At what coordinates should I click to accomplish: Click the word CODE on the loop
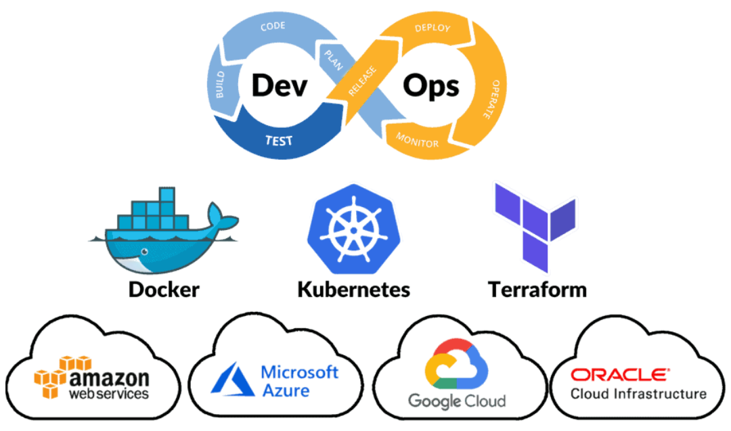point(273,26)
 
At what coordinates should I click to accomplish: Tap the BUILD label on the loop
point(220,85)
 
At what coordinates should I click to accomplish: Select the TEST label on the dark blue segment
point(279,140)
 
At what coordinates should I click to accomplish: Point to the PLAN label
point(334,60)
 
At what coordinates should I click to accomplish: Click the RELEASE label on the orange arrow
point(362,81)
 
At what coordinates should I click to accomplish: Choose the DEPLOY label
point(433,28)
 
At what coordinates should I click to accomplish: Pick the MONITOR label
point(417,140)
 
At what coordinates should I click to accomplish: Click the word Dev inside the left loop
point(280,85)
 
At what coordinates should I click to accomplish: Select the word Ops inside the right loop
point(431,86)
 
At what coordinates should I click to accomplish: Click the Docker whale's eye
point(145,252)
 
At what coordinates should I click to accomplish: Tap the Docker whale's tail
point(221,217)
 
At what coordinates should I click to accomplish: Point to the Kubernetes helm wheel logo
point(354,229)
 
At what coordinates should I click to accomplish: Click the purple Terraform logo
point(535,227)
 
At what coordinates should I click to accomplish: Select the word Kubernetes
point(354,290)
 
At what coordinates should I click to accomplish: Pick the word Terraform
point(537,290)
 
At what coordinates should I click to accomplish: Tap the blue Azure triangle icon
point(233,380)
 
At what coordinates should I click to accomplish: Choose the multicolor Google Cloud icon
point(456,364)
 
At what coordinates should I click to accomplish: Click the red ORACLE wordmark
point(620,375)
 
